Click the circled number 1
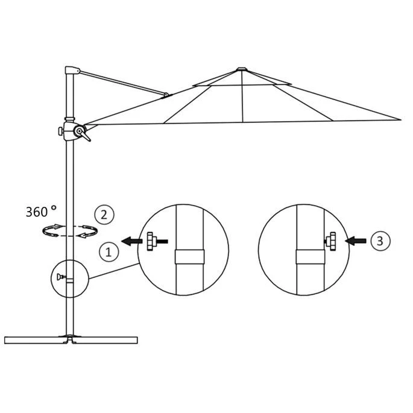pos(109,251)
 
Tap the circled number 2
pos(104,213)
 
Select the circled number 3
pos(378,241)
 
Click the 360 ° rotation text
pos(41,211)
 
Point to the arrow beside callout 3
pos(355,241)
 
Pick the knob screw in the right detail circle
pos(332,241)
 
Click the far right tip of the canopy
pos(399,118)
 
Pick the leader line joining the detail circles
pos(114,271)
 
